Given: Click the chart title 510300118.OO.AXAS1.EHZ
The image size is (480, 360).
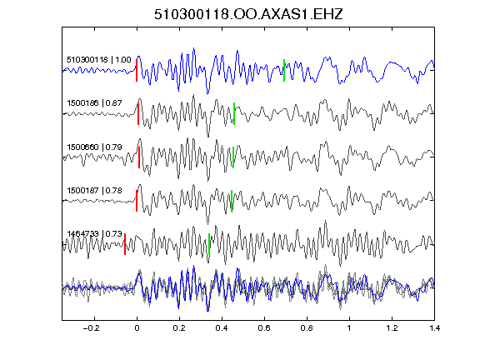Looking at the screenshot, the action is coord(248,14).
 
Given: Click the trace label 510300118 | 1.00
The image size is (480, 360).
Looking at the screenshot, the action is coord(98,59).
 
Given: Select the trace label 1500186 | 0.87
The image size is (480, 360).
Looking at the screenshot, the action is coord(94,102).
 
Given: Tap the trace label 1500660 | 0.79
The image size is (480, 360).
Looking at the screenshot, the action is coord(94,147).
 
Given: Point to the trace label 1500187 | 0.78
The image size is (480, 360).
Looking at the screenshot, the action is coord(94,191).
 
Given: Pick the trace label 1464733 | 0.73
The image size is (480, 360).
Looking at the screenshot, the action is coord(94,234).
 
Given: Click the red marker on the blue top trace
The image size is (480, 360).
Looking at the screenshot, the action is coord(137,70).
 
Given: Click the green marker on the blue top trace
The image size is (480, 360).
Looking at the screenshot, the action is coord(284,70).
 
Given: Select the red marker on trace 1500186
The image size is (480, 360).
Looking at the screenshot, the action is coord(138,113).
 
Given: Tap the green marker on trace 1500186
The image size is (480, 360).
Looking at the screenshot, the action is coord(234,113).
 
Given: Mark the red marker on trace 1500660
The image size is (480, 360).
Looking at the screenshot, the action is coord(139,157).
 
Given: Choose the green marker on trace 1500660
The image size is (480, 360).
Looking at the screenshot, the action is coord(233,157).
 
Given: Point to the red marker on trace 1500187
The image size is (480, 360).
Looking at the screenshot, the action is coord(137,201).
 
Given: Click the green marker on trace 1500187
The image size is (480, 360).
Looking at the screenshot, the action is coord(232,201).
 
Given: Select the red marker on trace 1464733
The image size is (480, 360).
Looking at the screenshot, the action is coord(125,244).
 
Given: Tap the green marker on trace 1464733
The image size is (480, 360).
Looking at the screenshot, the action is coord(209,244).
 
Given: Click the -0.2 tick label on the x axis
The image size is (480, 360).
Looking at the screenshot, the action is coord(92,328).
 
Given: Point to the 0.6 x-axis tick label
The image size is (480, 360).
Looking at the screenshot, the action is coord(264,328).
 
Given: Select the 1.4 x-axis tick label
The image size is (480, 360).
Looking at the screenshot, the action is coord(435,328).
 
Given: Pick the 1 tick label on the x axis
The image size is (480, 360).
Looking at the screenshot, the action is coord(349,328).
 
